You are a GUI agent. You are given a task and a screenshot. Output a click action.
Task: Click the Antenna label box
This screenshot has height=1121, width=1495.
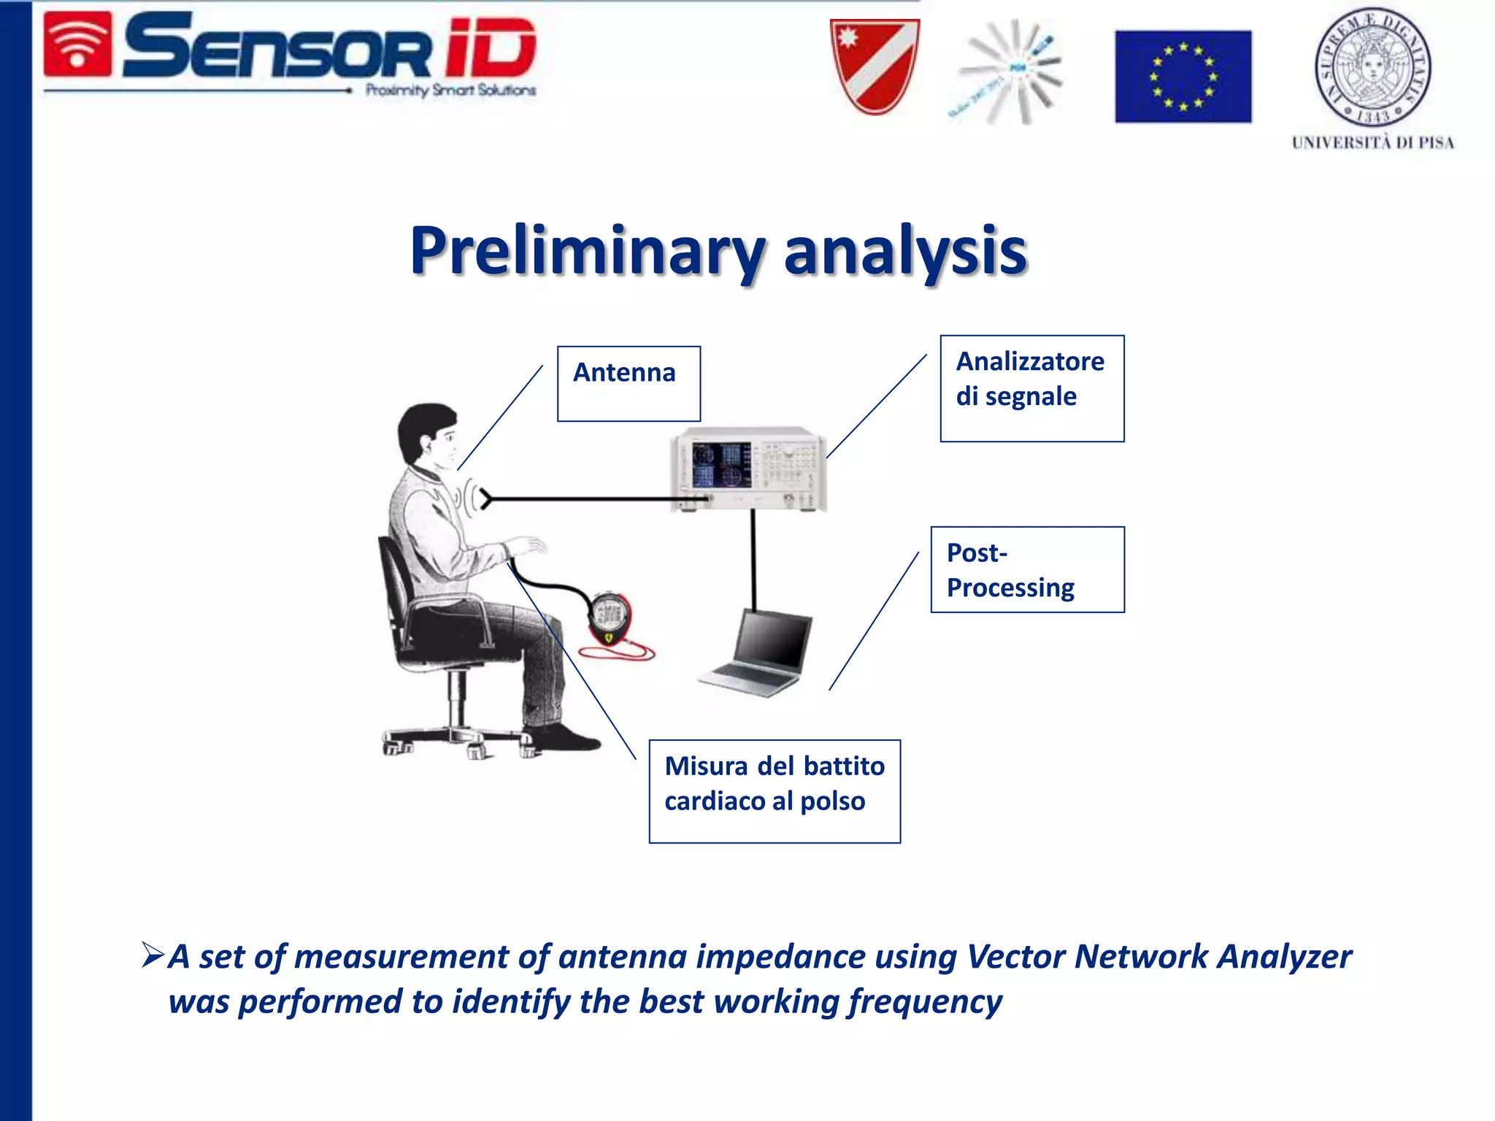click(x=629, y=383)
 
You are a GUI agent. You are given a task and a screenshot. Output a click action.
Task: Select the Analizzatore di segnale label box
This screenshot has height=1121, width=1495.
click(x=1031, y=388)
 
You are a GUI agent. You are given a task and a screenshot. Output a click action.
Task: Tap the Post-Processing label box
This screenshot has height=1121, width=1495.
click(x=1027, y=569)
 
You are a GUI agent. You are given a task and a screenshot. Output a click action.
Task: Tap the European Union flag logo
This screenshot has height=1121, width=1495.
click(x=1183, y=76)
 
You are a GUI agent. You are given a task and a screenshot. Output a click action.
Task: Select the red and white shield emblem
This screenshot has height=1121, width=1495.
click(x=875, y=66)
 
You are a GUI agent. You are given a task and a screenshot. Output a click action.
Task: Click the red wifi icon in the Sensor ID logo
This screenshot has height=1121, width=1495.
click(x=77, y=45)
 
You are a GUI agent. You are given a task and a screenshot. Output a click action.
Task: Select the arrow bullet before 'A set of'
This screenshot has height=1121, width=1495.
click(x=153, y=955)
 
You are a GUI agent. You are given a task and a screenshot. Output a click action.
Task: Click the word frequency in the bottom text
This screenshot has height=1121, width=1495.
click(x=924, y=1001)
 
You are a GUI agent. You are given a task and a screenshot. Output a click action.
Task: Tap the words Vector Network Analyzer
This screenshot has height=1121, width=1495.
click(x=1158, y=956)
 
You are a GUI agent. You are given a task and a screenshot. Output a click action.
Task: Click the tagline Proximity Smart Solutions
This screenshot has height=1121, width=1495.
click(x=450, y=90)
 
